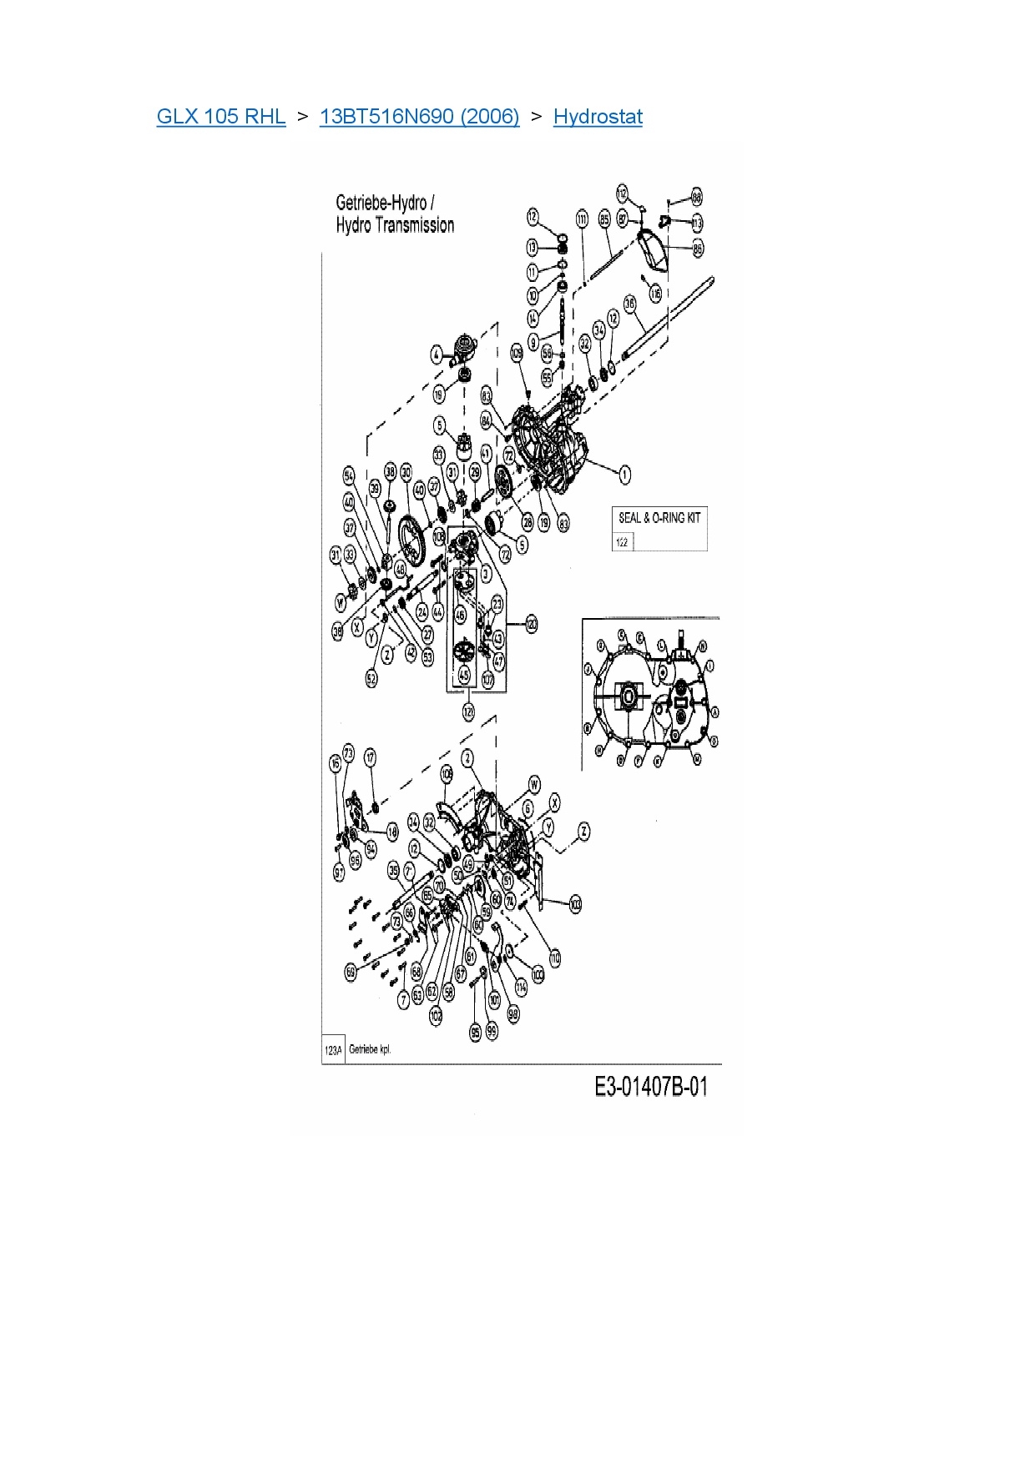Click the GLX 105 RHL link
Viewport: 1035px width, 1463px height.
pos(220,117)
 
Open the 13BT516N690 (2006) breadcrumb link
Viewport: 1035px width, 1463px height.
pos(419,117)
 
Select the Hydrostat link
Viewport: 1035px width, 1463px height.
pos(598,117)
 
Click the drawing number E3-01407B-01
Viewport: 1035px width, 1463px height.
pos(651,1087)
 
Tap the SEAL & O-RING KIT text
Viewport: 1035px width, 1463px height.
pos(659,518)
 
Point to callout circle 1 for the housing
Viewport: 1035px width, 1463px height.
pos(624,475)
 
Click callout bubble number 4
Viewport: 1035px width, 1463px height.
pos(437,355)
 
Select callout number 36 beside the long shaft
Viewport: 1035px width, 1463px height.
pos(630,303)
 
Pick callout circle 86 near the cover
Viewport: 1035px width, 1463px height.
pos(698,249)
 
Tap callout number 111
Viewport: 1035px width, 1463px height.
pos(582,219)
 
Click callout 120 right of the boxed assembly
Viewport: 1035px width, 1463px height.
pos(531,624)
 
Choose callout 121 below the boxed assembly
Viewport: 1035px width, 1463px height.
pos(468,711)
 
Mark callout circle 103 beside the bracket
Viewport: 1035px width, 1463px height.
pos(575,904)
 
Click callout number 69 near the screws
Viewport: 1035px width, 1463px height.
pos(351,972)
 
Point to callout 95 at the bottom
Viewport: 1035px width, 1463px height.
pos(475,1033)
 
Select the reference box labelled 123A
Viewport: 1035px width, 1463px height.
pos(333,1050)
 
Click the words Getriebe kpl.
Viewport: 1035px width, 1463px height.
pos(370,1049)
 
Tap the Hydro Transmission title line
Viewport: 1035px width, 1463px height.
pos(395,225)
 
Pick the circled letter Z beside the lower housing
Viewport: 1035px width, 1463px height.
pos(584,831)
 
